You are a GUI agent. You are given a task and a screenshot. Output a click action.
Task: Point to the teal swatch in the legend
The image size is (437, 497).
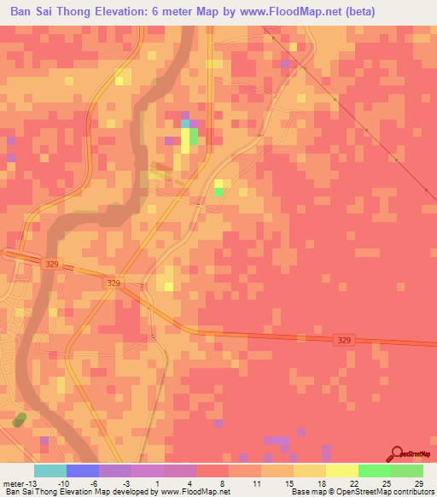(50, 471)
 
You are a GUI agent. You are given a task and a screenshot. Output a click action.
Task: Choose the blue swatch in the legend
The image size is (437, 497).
(83, 471)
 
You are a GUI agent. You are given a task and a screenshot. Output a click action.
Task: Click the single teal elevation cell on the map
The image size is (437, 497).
(185, 124)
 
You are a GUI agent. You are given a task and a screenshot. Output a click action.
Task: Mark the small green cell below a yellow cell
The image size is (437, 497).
(219, 192)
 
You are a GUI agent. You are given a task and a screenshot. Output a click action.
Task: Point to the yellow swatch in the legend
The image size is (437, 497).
(342, 471)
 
